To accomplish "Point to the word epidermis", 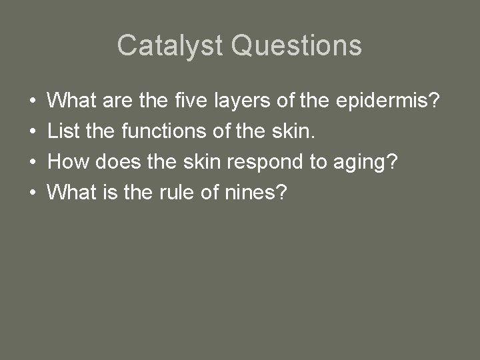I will [x=382, y=102].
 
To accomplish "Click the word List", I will [x=63, y=131].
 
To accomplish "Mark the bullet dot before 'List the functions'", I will [x=33, y=132].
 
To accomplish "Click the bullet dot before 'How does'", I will [x=33, y=163].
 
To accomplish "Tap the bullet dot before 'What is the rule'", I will [x=33, y=193].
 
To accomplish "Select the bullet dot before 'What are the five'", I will [x=33, y=101].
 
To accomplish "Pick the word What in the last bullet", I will [x=71, y=193].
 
